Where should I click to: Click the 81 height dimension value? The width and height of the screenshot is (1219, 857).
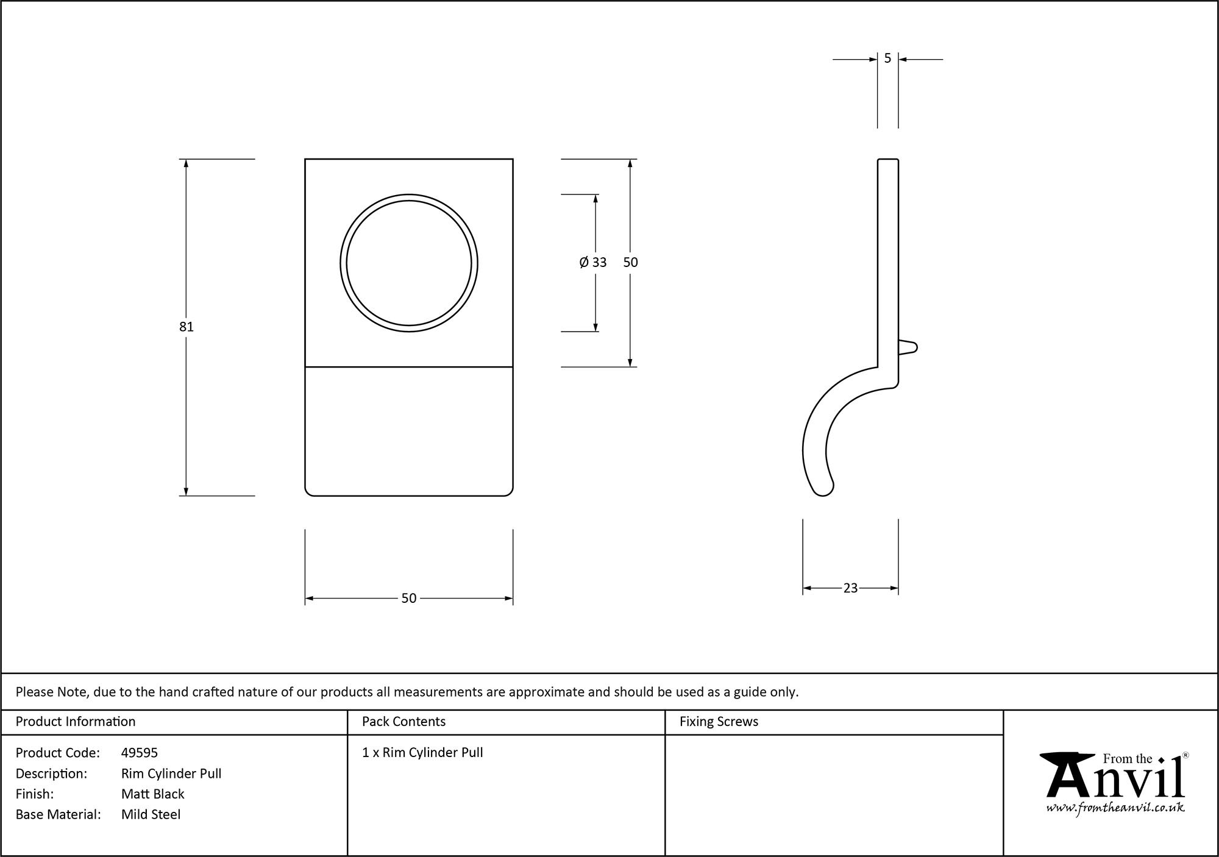tap(186, 327)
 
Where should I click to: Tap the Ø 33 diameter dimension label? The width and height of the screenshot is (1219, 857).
tap(593, 262)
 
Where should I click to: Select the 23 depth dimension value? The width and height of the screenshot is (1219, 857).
tap(850, 588)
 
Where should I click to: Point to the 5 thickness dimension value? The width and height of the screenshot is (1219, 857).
tap(887, 59)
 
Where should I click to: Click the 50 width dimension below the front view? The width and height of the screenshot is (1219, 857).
tap(408, 599)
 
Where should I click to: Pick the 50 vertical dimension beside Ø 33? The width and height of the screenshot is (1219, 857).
tap(630, 262)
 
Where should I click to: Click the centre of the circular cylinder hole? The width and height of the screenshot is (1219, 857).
tap(409, 263)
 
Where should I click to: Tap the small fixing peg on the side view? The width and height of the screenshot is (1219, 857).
tap(908, 347)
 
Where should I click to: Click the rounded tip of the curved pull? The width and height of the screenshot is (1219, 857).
tap(823, 489)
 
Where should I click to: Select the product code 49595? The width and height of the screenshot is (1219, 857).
tap(140, 753)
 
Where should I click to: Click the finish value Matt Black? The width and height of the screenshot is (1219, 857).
tap(152, 794)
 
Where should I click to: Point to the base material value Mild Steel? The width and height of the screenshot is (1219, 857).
tap(151, 814)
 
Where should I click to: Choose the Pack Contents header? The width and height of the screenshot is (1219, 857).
tap(403, 722)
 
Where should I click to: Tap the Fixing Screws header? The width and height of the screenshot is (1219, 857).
tap(719, 722)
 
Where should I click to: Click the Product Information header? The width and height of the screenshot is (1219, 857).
tap(76, 722)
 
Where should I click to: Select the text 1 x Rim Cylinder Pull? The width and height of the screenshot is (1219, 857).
tap(422, 753)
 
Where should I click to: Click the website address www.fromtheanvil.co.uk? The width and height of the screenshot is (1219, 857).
tap(1115, 808)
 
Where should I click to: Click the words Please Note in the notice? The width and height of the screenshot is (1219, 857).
tap(52, 692)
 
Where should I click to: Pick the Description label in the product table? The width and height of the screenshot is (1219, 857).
tap(51, 773)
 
